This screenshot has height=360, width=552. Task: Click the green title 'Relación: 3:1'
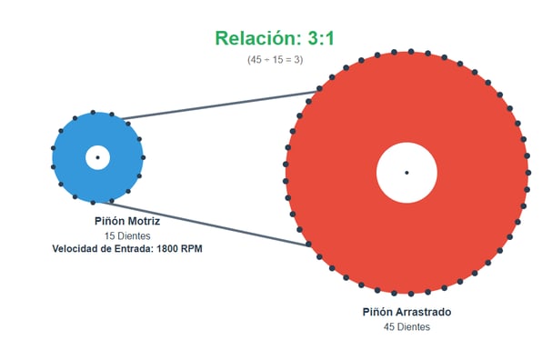275,38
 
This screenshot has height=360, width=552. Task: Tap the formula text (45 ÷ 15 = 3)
275,59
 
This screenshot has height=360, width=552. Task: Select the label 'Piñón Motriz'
126,220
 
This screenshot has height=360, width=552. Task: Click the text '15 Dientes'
126,235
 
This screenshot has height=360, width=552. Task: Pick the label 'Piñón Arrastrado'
406,312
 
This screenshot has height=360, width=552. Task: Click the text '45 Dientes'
406,326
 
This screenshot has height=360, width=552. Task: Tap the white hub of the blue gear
97,157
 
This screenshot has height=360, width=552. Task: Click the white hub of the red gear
406,173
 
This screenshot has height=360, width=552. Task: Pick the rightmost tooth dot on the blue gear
143,157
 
